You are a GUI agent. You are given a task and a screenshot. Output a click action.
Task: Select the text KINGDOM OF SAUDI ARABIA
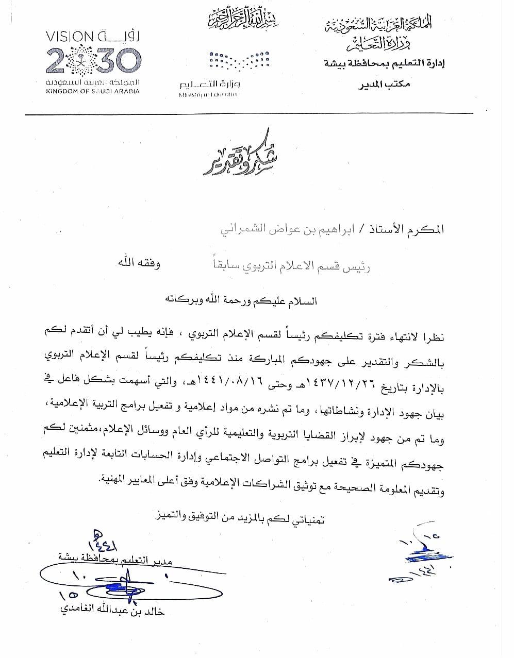coord(93,91)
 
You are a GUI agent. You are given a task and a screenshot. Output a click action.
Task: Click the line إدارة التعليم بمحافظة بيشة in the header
coord(384,64)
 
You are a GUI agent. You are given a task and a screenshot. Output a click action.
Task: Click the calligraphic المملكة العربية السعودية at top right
coord(379,25)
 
